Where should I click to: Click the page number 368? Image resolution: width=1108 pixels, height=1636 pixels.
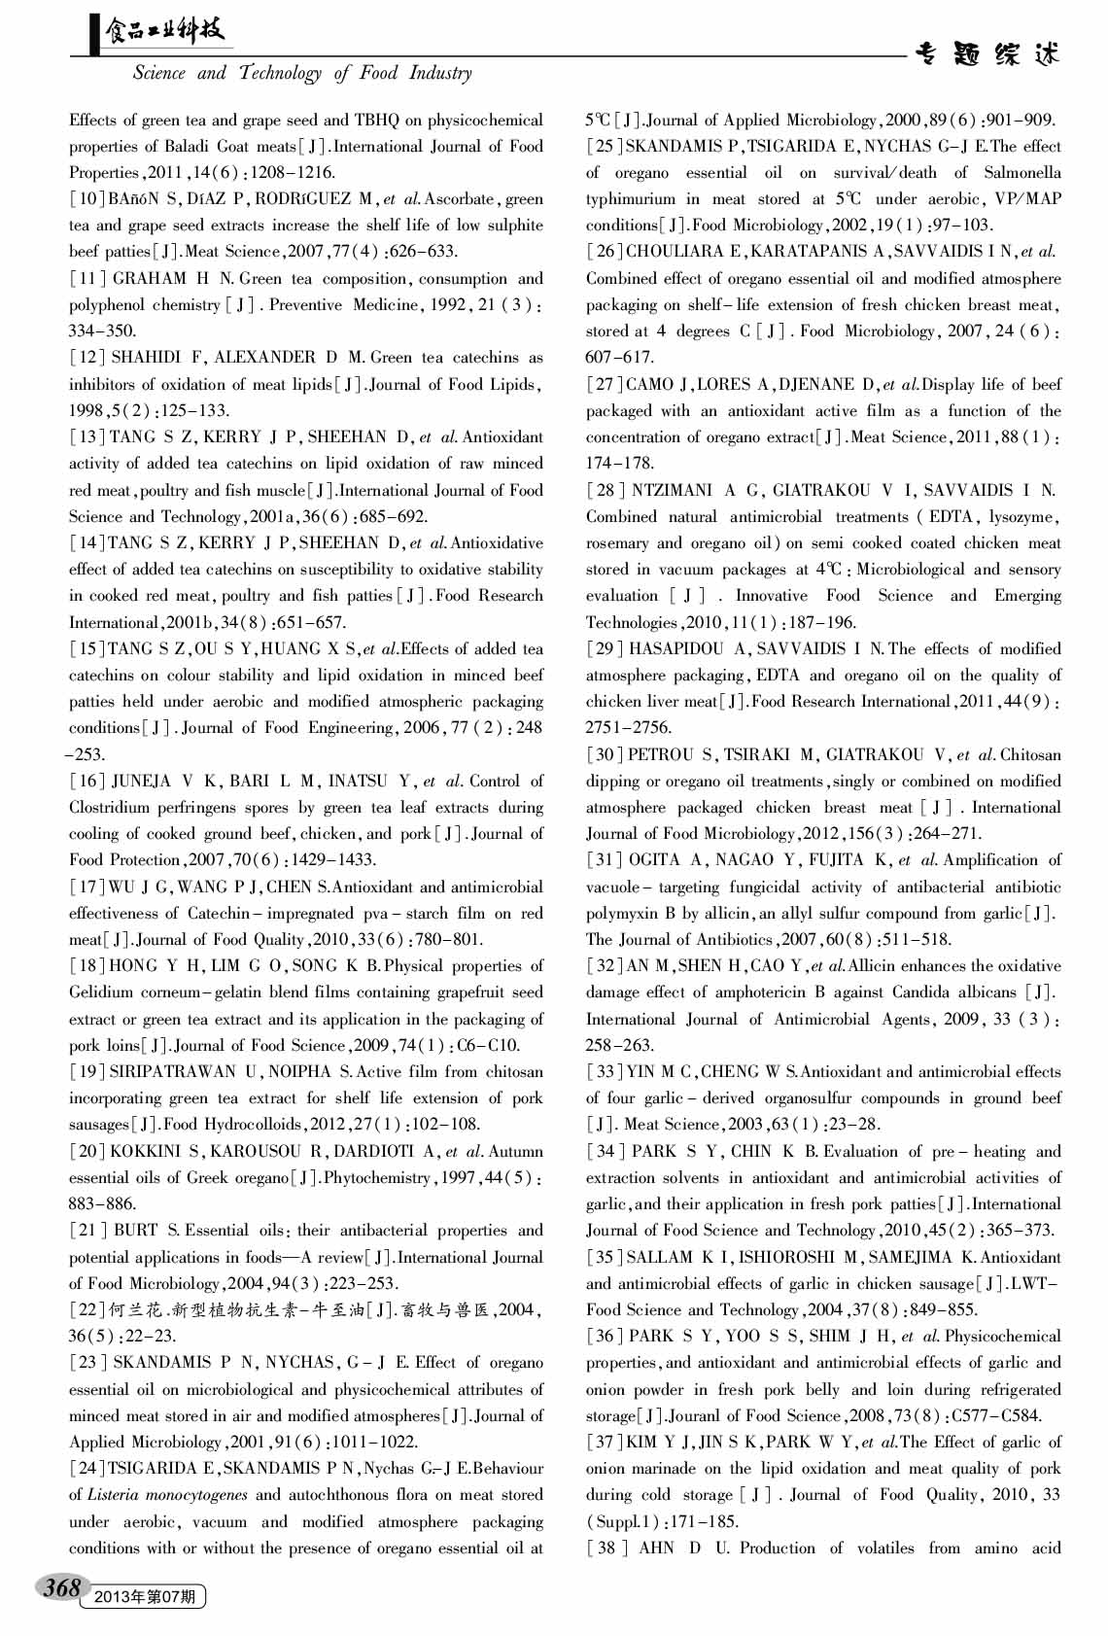(x=60, y=1587)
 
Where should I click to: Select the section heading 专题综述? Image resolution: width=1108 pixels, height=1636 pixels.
(x=987, y=54)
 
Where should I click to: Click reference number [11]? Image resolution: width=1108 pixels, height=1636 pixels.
(x=82, y=279)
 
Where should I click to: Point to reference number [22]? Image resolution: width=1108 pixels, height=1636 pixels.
(x=82, y=1309)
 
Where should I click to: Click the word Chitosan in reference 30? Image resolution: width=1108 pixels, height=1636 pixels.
(x=1031, y=754)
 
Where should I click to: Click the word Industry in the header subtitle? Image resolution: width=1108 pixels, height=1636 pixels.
(x=440, y=73)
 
